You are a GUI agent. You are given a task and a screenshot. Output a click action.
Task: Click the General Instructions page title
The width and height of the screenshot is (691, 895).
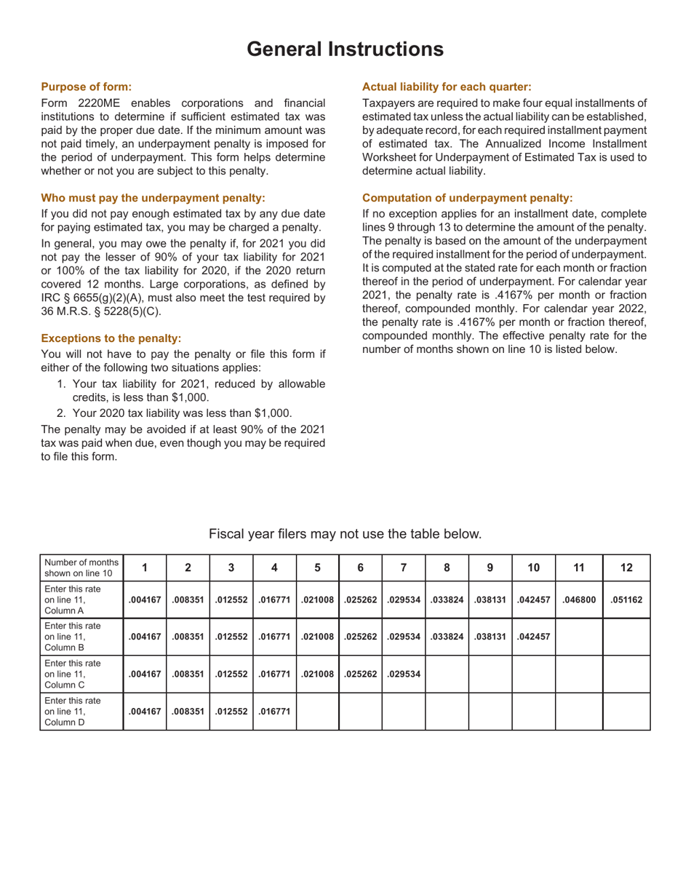tap(345, 49)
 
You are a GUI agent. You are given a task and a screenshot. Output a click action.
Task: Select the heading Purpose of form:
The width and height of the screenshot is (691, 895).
tap(87, 86)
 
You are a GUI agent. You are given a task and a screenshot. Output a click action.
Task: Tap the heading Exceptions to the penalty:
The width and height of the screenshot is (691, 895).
tap(111, 338)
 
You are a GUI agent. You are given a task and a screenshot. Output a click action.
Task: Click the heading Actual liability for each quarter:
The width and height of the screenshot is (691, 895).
tap(447, 86)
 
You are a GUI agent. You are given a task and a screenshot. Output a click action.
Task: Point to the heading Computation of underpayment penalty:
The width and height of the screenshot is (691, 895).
tap(467, 198)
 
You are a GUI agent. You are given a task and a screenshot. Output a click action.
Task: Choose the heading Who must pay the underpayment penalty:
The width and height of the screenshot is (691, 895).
tap(153, 198)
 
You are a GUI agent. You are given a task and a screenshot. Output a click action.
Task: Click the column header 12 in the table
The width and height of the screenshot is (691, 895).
tap(626, 568)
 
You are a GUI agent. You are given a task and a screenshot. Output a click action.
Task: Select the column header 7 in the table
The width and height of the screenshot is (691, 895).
tap(404, 568)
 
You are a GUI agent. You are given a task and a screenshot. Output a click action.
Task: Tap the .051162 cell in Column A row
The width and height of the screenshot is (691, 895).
tap(626, 600)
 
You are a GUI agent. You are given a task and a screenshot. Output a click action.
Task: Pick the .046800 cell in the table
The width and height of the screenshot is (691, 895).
tap(579, 600)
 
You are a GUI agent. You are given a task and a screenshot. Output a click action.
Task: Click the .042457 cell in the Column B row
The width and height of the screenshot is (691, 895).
tap(534, 637)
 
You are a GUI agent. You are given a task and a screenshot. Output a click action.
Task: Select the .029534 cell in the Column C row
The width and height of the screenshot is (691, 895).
tap(404, 674)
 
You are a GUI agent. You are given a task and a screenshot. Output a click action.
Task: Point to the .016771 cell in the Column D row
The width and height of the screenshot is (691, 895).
tap(274, 712)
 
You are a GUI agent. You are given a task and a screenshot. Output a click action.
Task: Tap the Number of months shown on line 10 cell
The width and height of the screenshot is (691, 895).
tap(81, 568)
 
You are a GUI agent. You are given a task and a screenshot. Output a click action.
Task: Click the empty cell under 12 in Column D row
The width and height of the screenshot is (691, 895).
tap(626, 712)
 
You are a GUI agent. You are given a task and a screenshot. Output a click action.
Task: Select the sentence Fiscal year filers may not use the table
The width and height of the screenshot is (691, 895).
tap(345, 534)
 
